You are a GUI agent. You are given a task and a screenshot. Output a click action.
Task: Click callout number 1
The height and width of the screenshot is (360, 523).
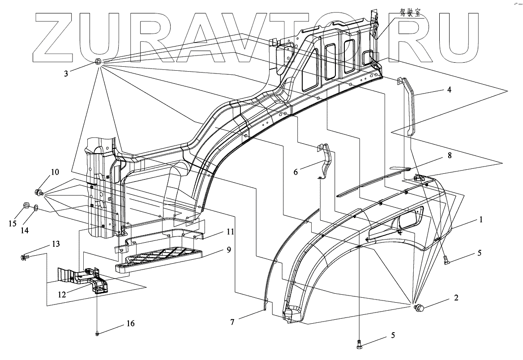click(481, 220)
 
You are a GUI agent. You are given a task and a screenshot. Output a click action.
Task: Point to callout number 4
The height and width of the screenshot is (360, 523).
click(449, 90)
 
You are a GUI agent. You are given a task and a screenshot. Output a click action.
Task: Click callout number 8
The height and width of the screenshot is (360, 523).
click(449, 156)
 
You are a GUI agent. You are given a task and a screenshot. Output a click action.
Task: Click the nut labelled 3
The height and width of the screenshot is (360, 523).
click(99, 62)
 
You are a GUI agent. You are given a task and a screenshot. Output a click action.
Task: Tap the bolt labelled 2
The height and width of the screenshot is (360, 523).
click(420, 308)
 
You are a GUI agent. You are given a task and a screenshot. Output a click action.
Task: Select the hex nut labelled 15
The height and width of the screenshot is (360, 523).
click(26, 206)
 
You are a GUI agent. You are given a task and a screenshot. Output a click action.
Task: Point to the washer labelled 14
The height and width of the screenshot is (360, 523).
click(36, 208)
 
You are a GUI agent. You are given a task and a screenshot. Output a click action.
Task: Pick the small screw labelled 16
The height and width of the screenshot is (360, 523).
click(97, 333)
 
